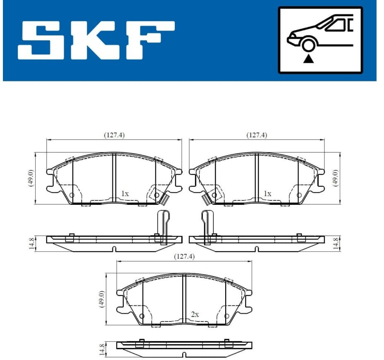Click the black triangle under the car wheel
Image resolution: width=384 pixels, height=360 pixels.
pos(309,59)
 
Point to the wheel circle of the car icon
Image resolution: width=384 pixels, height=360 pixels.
pos(308,45)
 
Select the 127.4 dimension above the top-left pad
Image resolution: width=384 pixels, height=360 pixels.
pos(114,135)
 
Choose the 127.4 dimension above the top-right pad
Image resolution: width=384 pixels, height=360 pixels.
pos(257,135)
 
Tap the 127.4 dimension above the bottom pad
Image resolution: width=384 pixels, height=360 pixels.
pos(184,256)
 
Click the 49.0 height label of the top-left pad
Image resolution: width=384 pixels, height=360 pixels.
pos(31,178)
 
